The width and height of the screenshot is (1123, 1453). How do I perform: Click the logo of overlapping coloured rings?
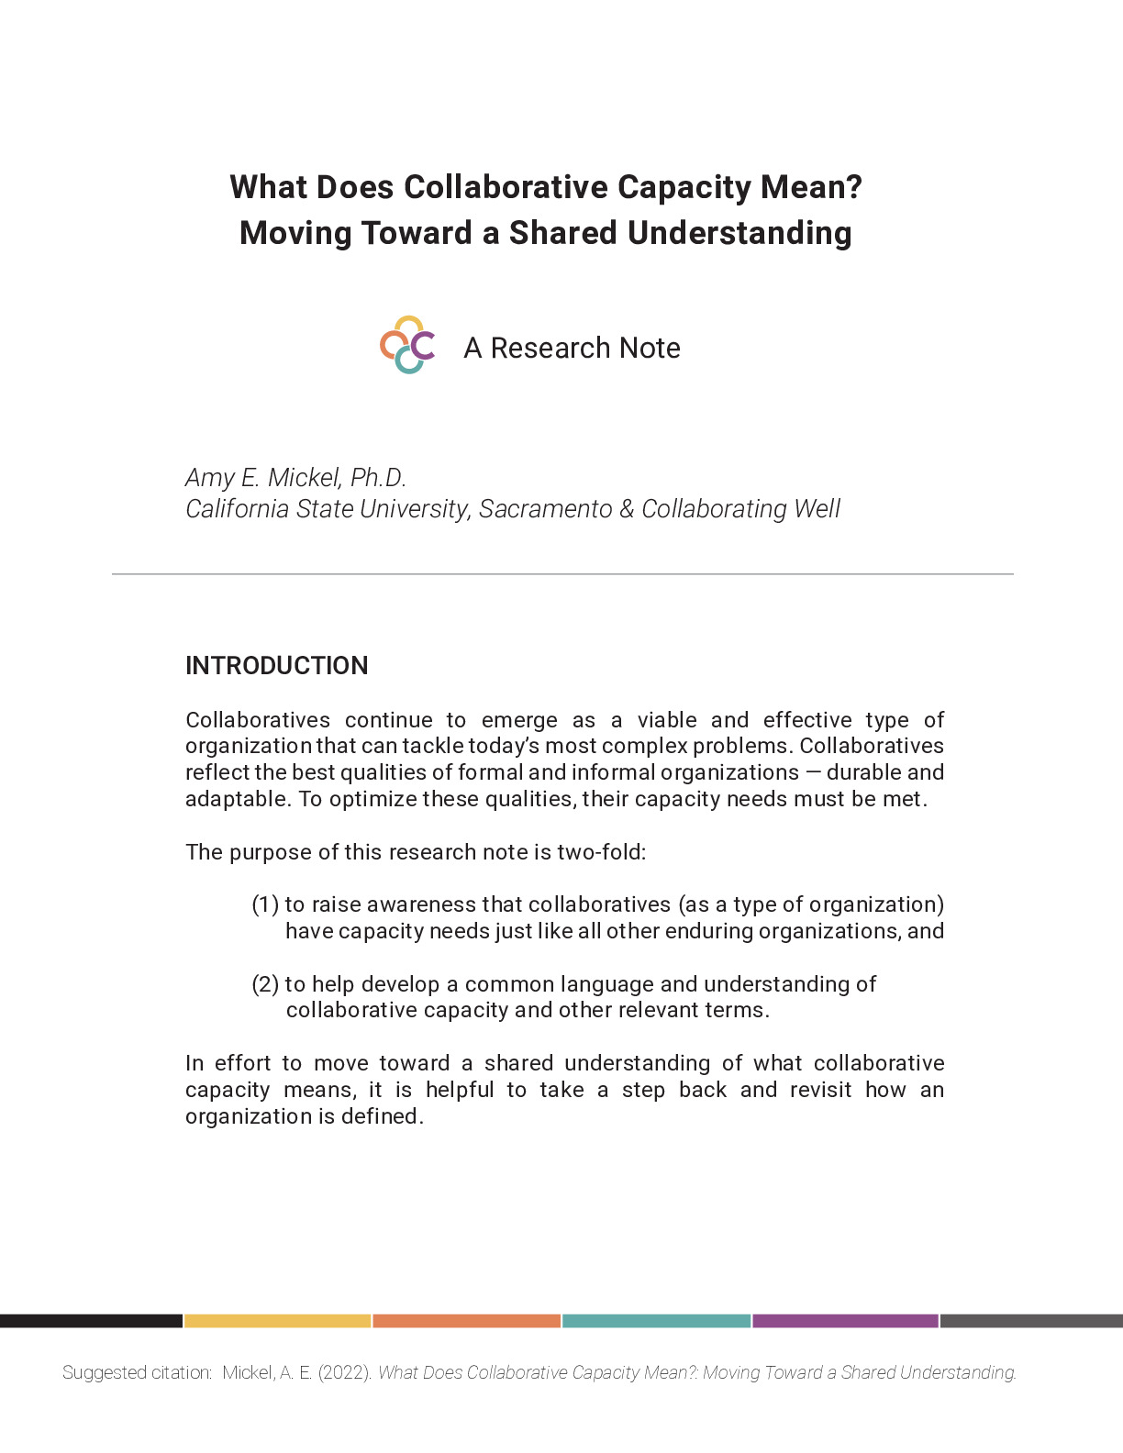(407, 346)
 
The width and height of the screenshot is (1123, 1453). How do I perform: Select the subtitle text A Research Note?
(572, 349)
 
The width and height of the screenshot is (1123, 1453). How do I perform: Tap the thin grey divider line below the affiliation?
(561, 574)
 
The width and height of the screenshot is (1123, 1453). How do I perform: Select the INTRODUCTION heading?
(276, 666)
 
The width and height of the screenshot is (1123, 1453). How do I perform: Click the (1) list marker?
(265, 904)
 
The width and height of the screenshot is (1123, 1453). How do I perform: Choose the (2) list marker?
(265, 984)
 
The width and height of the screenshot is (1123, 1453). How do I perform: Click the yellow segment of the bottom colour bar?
(277, 1321)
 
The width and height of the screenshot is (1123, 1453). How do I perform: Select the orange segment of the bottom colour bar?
(466, 1321)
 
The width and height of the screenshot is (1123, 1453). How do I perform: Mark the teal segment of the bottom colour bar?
(656, 1321)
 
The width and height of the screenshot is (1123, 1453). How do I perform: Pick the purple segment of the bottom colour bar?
(845, 1321)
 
